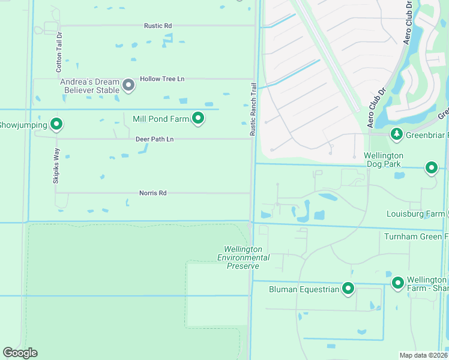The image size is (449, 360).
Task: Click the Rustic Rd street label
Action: pyautogui.click(x=158, y=26)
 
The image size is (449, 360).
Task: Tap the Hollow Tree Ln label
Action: pyautogui.click(x=162, y=79)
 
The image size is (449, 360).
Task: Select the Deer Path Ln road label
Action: pyautogui.click(x=154, y=139)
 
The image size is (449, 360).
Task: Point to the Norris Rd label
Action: pyautogui.click(x=152, y=193)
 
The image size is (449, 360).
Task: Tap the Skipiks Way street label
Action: pyautogui.click(x=56, y=165)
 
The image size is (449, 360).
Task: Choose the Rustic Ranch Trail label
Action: pyautogui.click(x=253, y=109)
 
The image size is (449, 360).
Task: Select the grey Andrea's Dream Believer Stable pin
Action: pyautogui.click(x=128, y=85)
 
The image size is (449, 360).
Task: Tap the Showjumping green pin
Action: pyautogui.click(x=56, y=124)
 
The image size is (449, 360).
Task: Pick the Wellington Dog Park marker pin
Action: pyautogui.click(x=432, y=167)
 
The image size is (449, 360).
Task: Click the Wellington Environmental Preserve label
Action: pyautogui.click(x=243, y=257)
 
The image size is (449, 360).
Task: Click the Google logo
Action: pyautogui.click(x=20, y=353)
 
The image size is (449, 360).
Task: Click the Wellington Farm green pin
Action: pyautogui.click(x=397, y=282)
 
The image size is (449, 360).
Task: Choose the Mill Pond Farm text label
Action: pyautogui.click(x=160, y=119)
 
